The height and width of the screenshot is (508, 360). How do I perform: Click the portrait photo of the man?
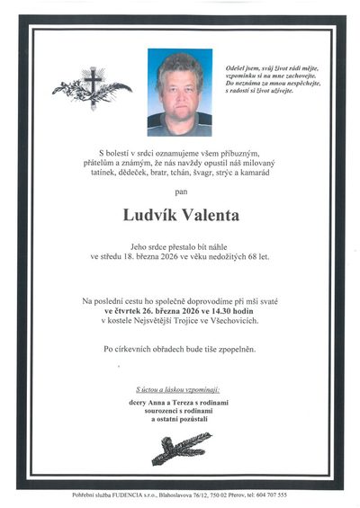tap(180, 92)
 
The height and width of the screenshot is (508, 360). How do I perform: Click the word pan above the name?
tap(180, 192)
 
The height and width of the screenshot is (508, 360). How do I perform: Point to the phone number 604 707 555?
tap(269, 495)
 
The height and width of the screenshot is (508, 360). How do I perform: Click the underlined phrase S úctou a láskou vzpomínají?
tap(180, 390)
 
